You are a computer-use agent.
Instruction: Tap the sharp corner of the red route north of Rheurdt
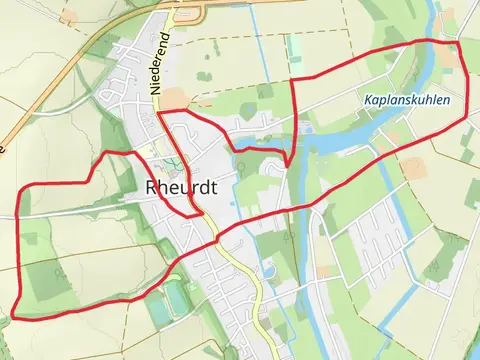pyautogui.click(x=159, y=113)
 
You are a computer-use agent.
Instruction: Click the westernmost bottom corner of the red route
pyautogui.click(x=14, y=317)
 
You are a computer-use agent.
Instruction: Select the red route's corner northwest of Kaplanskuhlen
pyautogui.click(x=291, y=80)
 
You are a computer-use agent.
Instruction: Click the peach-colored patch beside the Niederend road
pyautogui.click(x=172, y=98)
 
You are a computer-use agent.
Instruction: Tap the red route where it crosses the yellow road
pyautogui.click(x=215, y=240)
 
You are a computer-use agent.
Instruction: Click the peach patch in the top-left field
pyautogui.click(x=67, y=18)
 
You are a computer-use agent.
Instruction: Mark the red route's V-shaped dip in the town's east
pyautogui.click(x=287, y=164)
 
